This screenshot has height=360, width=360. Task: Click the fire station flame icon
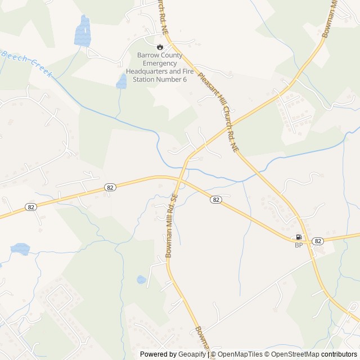click(x=160, y=47)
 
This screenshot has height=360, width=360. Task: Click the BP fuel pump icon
click(x=299, y=237)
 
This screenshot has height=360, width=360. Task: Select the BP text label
click(x=299, y=245)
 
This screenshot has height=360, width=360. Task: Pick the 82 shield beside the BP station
click(x=318, y=241)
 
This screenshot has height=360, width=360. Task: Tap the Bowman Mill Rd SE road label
click(x=172, y=225)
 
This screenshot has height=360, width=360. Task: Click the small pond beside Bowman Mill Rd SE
click(x=142, y=279)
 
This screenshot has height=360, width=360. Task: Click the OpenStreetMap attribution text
click(x=292, y=354)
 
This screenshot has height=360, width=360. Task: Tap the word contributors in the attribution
click(x=339, y=354)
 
